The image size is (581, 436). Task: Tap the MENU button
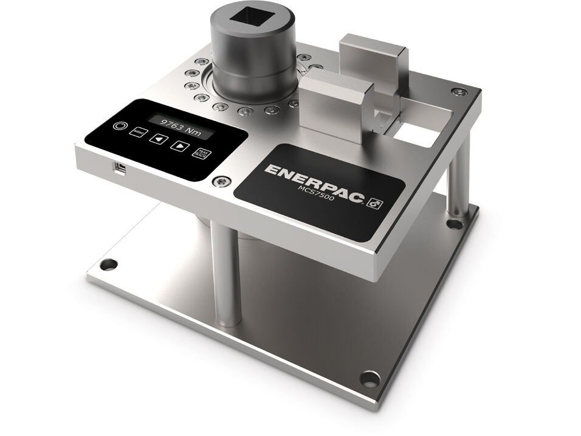click(x=139, y=131)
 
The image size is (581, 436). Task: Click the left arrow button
click(x=159, y=139)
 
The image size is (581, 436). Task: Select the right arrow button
click(x=179, y=146)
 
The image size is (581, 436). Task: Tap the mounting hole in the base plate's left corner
click(x=109, y=265)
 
